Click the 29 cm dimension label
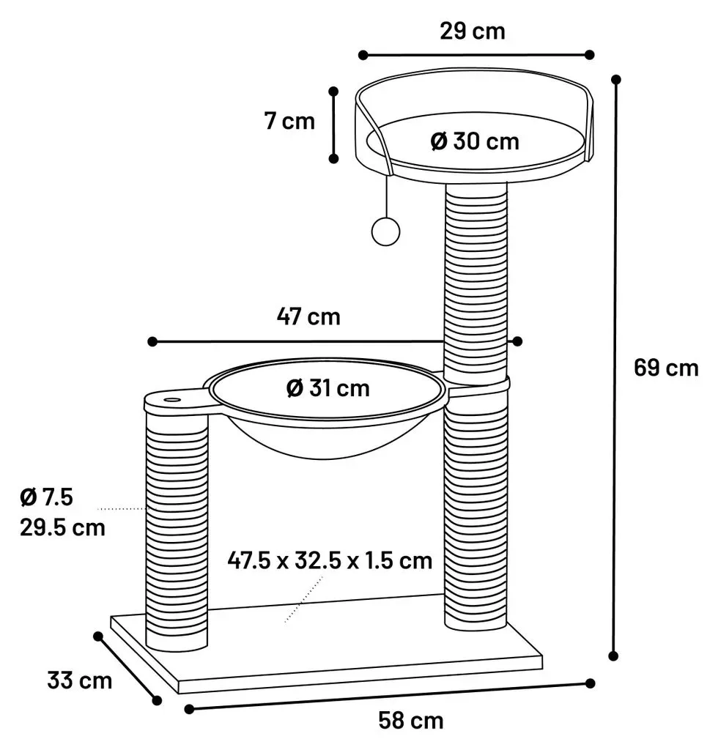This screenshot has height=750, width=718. [472, 31]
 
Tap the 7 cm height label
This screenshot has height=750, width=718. [289, 121]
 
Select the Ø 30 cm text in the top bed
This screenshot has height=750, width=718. [475, 141]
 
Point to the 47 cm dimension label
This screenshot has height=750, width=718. [308, 316]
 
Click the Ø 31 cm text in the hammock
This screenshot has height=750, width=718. [328, 388]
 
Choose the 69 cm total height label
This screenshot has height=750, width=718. [666, 368]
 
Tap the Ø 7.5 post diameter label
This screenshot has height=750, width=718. [46, 497]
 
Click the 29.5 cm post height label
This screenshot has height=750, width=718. [62, 527]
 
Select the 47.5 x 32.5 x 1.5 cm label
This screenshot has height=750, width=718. [330, 560]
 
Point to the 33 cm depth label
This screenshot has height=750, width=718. [79, 680]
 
